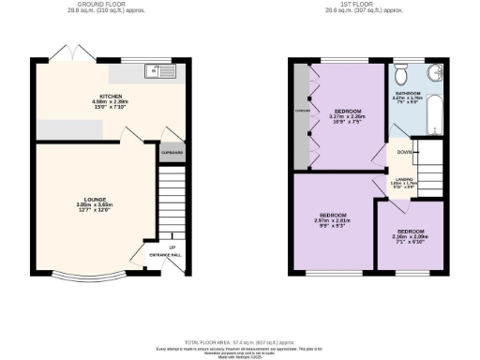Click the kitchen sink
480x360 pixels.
tap(155, 69)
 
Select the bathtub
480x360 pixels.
tap(434, 117)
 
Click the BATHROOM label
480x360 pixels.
tap(407, 94)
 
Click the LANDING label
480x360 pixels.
tap(402, 180)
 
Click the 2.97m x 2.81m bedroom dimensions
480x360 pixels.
tap(333, 221)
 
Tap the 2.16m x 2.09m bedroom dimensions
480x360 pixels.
tap(410, 236)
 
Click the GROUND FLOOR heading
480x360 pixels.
tap(110, 5)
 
